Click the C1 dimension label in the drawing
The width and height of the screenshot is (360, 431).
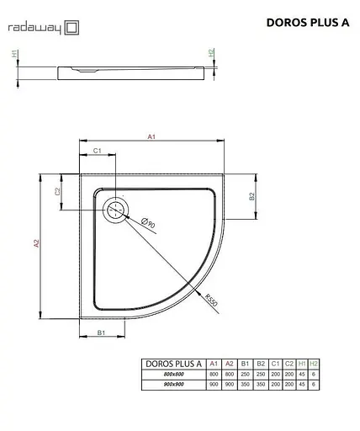[x=97, y=151]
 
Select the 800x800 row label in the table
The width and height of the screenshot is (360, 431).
[x=172, y=374]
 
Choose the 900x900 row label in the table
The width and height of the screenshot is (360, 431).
[x=172, y=385]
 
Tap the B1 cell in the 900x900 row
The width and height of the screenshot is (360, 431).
[x=244, y=385]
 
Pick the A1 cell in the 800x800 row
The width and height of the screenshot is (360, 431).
[x=214, y=374]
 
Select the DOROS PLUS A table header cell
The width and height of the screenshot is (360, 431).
[x=172, y=363]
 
